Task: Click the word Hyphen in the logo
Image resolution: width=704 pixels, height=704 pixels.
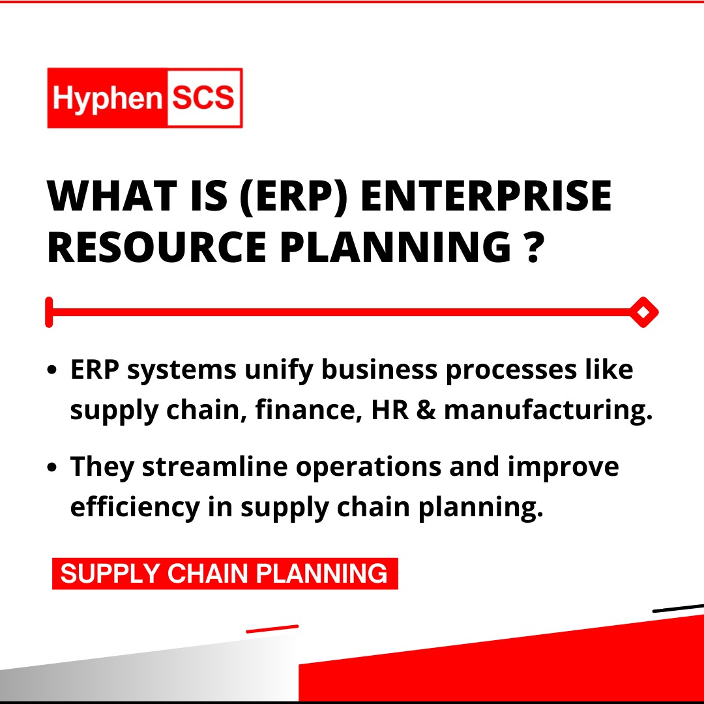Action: [x=107, y=98]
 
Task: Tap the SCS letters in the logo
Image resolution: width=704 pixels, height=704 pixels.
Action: [x=203, y=97]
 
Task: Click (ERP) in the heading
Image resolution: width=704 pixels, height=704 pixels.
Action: [x=293, y=196]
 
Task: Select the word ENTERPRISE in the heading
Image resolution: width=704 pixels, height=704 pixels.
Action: [x=486, y=196]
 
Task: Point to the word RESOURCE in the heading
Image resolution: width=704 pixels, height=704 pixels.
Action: [x=157, y=246]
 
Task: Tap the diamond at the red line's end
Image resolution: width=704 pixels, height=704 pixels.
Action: [x=643, y=312]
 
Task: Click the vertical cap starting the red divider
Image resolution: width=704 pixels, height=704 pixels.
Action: [x=49, y=312]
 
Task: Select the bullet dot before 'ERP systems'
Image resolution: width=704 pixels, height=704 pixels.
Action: [x=52, y=370]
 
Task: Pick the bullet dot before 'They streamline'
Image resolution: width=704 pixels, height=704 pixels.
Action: [x=52, y=467]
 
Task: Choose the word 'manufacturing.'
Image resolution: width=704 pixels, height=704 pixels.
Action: [x=548, y=411]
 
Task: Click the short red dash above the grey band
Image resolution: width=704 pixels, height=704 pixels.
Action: [x=272, y=628]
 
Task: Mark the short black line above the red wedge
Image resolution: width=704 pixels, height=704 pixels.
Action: [x=678, y=608]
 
